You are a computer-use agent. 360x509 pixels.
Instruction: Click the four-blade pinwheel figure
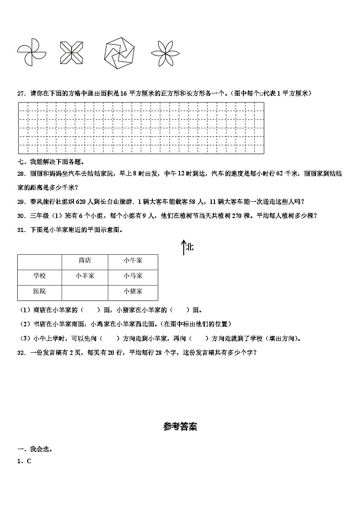point(32,53)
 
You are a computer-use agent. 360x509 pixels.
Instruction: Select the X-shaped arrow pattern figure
point(72,53)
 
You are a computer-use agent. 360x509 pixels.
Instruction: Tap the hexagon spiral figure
point(120,53)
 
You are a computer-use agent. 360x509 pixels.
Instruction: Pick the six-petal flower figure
point(165,53)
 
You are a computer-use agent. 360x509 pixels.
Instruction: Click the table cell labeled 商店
point(85,260)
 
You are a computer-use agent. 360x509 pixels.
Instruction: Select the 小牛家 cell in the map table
point(133,260)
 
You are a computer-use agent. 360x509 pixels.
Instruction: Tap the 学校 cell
point(39,276)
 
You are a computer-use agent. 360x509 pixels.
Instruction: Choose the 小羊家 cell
point(85,276)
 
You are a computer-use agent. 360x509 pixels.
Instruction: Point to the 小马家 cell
point(133,276)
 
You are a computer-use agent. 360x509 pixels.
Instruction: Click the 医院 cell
point(39,291)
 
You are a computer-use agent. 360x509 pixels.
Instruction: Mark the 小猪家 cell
point(133,291)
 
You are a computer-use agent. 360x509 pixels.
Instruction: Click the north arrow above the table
point(184,247)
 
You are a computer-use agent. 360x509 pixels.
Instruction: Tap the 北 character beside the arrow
point(190,247)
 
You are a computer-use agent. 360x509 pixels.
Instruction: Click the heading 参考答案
point(180,427)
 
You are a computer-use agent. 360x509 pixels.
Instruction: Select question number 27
point(21,93)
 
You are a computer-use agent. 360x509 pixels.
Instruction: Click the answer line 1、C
point(24,461)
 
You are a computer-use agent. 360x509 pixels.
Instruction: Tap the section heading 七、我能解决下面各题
point(50,161)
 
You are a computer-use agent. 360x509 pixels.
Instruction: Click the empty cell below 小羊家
point(85,291)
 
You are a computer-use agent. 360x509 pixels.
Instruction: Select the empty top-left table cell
point(39,260)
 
